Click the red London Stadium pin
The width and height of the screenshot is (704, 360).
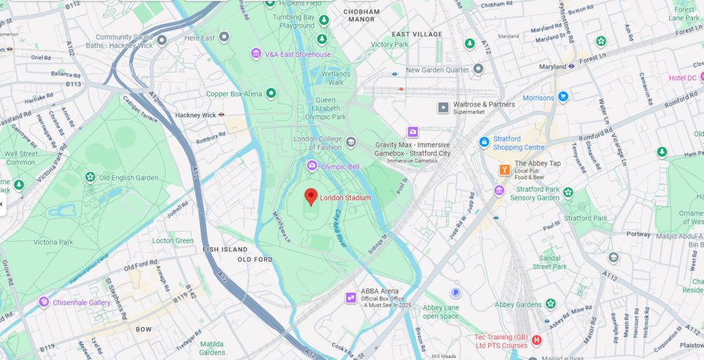(311, 196)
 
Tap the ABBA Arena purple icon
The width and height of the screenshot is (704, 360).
(351, 297)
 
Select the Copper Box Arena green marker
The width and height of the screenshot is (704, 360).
(271, 93)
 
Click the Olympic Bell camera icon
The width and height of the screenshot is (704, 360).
(312, 166)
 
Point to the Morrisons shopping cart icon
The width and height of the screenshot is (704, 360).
(563, 98)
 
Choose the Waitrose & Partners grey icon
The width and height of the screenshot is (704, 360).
(443, 107)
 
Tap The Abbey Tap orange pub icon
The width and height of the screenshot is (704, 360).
(505, 169)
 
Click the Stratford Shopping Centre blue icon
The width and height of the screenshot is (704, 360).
(484, 142)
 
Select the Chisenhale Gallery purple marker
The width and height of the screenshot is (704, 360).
(44, 302)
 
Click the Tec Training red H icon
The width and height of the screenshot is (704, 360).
(537, 340)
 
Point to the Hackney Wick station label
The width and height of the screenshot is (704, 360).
(196, 115)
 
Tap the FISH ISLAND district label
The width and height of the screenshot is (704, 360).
(223, 249)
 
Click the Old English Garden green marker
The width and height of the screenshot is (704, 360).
(90, 178)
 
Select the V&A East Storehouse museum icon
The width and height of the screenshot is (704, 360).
(256, 54)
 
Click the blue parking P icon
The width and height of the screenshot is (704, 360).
(455, 293)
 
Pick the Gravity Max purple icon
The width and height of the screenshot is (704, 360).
(412, 132)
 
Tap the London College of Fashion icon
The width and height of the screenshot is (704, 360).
(351, 142)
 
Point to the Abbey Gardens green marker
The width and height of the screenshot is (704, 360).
(551, 304)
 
